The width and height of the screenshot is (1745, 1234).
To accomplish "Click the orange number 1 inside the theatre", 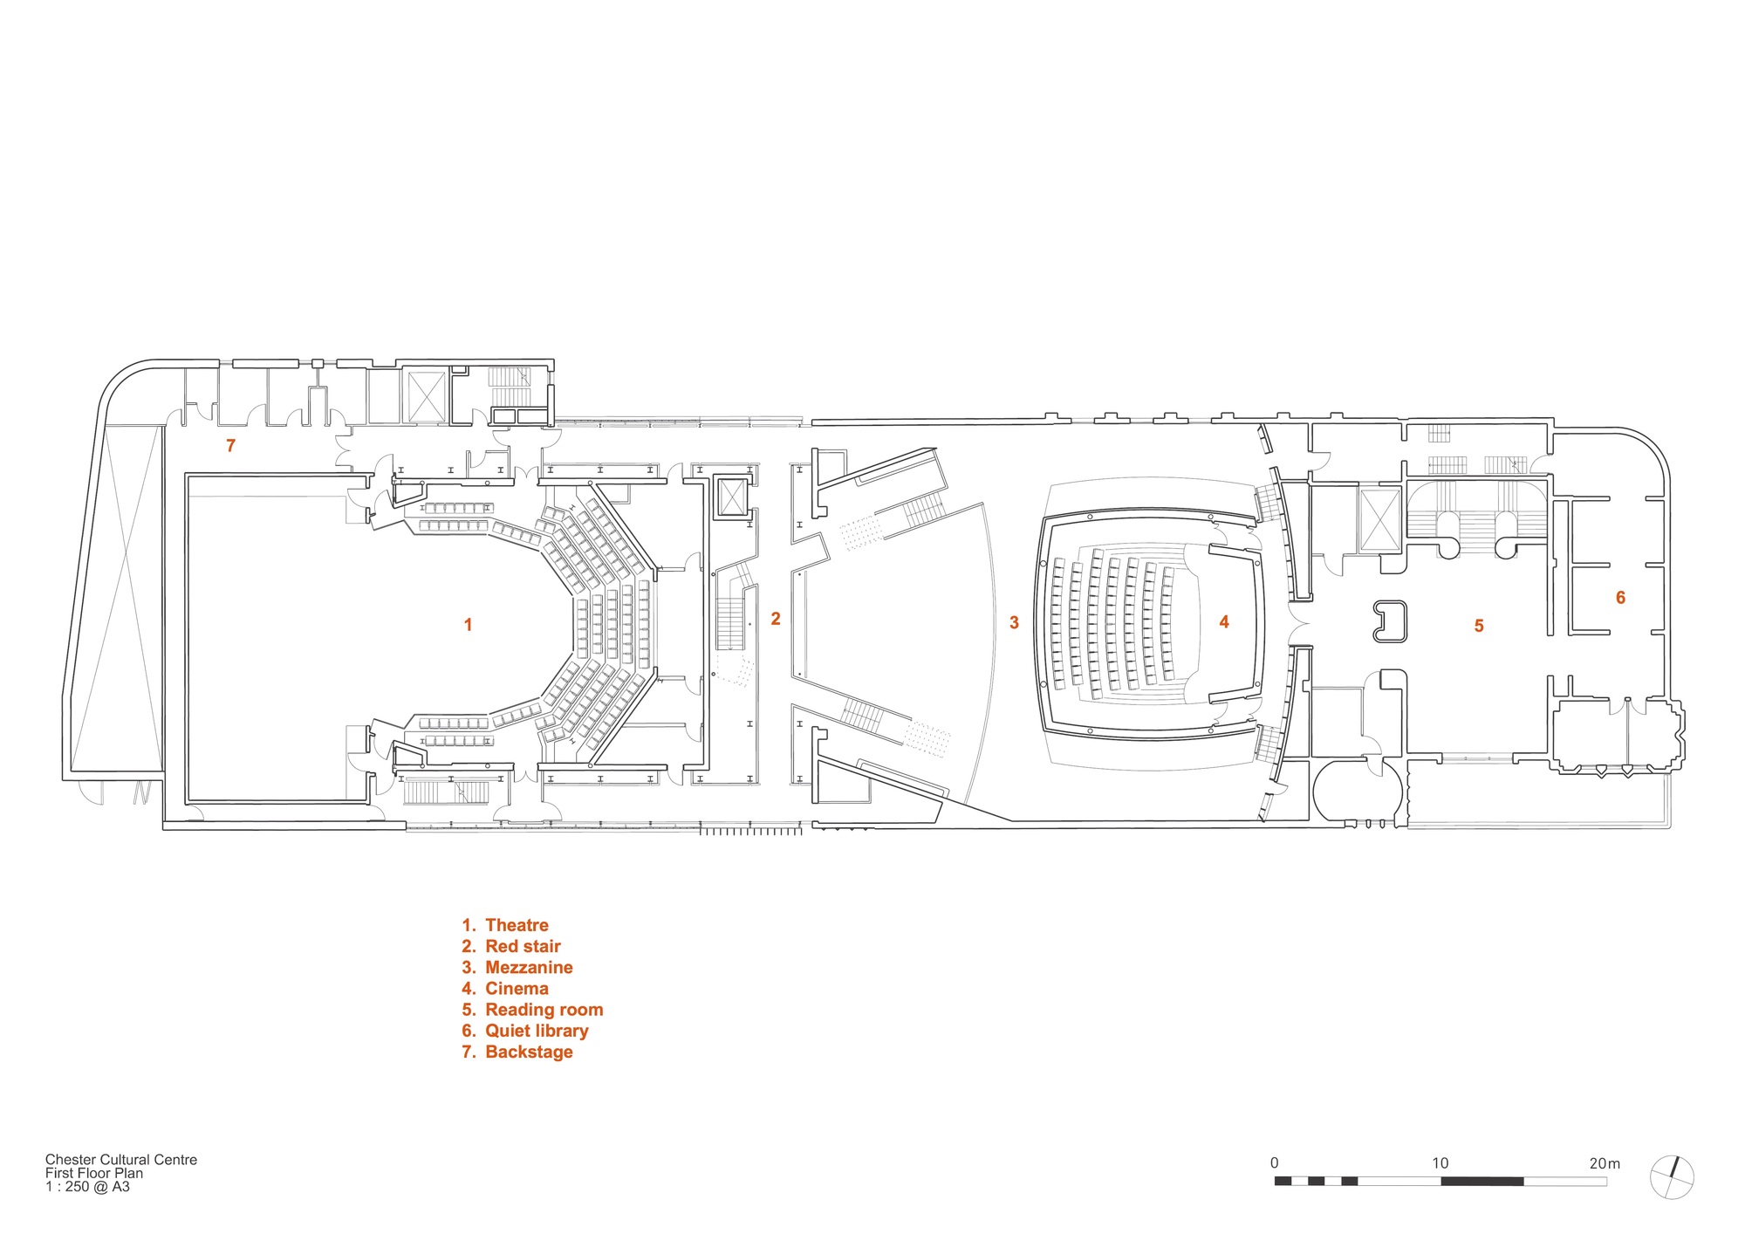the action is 469,625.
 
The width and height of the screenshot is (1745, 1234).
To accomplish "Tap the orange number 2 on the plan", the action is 776,619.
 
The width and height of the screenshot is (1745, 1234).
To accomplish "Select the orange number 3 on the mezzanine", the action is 1014,623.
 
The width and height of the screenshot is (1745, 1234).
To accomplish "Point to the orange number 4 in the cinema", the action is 1224,622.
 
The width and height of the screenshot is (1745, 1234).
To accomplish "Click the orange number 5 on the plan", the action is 1479,626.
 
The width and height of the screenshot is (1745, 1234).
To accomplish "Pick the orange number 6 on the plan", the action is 1620,598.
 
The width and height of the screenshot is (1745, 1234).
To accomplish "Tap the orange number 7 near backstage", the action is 230,446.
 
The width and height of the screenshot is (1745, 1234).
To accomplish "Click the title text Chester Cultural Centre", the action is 121,1160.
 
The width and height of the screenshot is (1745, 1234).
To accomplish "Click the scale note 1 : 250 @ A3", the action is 87,1187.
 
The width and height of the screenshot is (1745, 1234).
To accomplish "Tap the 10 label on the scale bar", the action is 1440,1163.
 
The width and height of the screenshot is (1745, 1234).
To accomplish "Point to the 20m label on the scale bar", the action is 1605,1163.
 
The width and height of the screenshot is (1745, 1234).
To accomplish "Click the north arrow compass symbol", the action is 1672,1178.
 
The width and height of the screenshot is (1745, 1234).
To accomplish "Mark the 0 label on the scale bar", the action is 1274,1163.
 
